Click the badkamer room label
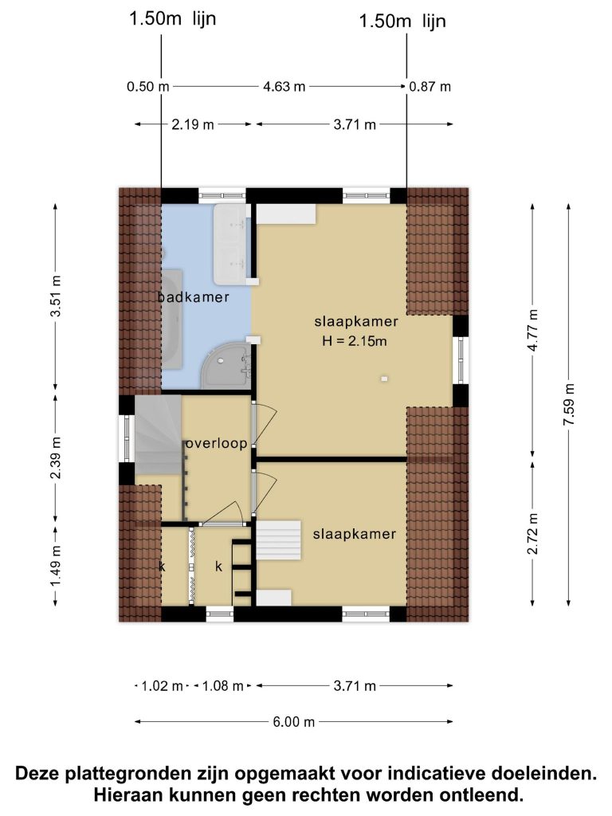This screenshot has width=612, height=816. pyautogui.click(x=194, y=297)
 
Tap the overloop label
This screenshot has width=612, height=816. pyautogui.click(x=217, y=443)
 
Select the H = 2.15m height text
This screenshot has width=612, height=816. pyautogui.click(x=355, y=341)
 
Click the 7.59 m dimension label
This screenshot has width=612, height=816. pyautogui.click(x=568, y=404)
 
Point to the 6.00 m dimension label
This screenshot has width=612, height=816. pyautogui.click(x=294, y=722)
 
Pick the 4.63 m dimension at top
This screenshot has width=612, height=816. pyautogui.click(x=284, y=86)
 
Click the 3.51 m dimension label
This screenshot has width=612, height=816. pyautogui.click(x=56, y=296)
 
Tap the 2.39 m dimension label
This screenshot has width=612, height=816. pyautogui.click(x=56, y=458)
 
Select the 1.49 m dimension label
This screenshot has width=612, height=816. pyautogui.click(x=56, y=566)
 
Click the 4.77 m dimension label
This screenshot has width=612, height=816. pyautogui.click(x=533, y=330)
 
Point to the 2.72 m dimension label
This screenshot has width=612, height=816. pyautogui.click(x=533, y=534)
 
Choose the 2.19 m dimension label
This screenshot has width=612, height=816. pyautogui.click(x=193, y=124)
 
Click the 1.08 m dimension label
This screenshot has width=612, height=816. pyautogui.click(x=223, y=686)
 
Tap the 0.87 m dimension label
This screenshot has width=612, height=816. pyautogui.click(x=430, y=86)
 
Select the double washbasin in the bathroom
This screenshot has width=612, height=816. pyautogui.click(x=229, y=244)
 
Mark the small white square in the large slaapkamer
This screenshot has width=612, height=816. pyautogui.click(x=384, y=379)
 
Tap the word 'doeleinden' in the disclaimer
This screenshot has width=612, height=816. pyautogui.click(x=542, y=773)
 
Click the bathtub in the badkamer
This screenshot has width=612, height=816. pyautogui.click(x=171, y=319)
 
